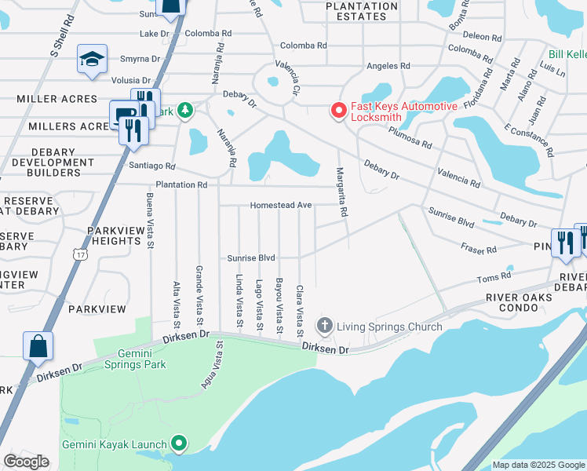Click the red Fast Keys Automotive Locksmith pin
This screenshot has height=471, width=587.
click(x=339, y=111)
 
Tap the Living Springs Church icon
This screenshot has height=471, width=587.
click(x=323, y=326)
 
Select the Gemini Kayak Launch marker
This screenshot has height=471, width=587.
click(x=179, y=444)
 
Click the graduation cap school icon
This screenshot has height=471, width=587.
click(x=92, y=60)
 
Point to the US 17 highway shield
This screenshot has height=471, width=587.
click(x=80, y=254)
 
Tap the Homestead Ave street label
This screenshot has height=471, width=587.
click(x=281, y=206)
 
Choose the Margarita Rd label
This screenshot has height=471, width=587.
click(x=342, y=192)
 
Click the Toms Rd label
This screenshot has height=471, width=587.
click(x=494, y=276)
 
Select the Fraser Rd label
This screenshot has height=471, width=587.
click(x=479, y=250)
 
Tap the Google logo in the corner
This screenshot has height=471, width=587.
click(x=26, y=461)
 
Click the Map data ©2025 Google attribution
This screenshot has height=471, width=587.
click(x=538, y=465)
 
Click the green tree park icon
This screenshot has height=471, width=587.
click(x=185, y=111)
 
